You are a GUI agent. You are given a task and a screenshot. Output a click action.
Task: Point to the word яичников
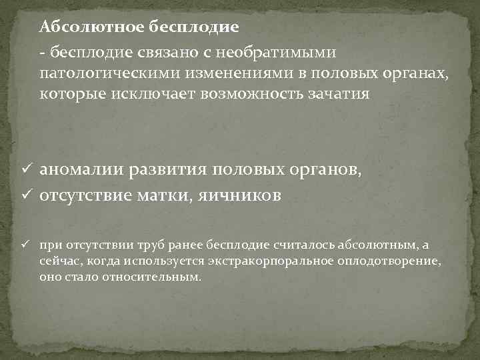[237, 195]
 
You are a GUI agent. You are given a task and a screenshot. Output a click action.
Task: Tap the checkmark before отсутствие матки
[28, 195]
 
